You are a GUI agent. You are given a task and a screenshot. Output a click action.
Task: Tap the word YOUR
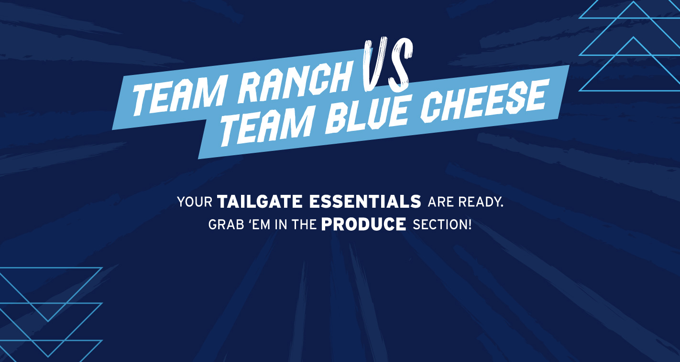194,202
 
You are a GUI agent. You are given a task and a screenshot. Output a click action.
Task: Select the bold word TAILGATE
260,202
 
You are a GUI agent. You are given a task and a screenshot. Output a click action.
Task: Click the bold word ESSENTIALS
365,202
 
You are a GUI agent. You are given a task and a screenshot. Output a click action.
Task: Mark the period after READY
502,206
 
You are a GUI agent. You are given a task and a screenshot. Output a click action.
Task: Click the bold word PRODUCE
364,224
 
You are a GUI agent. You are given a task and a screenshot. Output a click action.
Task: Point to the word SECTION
439,224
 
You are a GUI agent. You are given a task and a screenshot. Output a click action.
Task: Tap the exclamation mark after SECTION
470,224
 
